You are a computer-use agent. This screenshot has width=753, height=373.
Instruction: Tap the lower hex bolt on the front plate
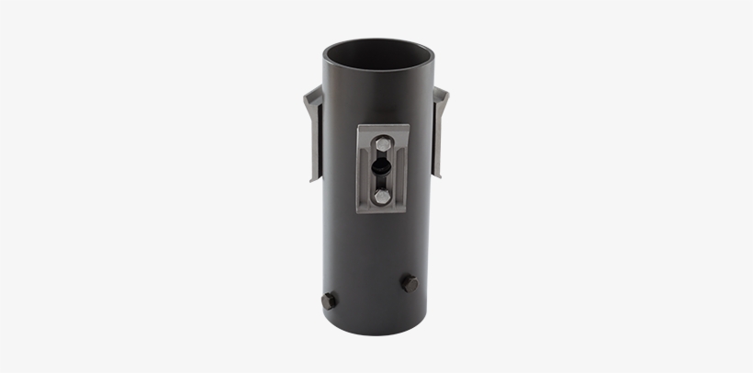[x=381, y=197]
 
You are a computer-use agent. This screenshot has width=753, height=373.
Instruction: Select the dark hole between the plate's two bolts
[x=379, y=169]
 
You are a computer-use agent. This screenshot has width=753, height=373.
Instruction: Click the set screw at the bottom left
[x=329, y=300]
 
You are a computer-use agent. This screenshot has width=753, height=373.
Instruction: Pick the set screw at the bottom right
[x=409, y=284]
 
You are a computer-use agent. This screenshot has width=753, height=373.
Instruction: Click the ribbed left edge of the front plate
[x=360, y=170]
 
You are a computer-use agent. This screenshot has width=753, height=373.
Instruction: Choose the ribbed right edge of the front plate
[x=403, y=170]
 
